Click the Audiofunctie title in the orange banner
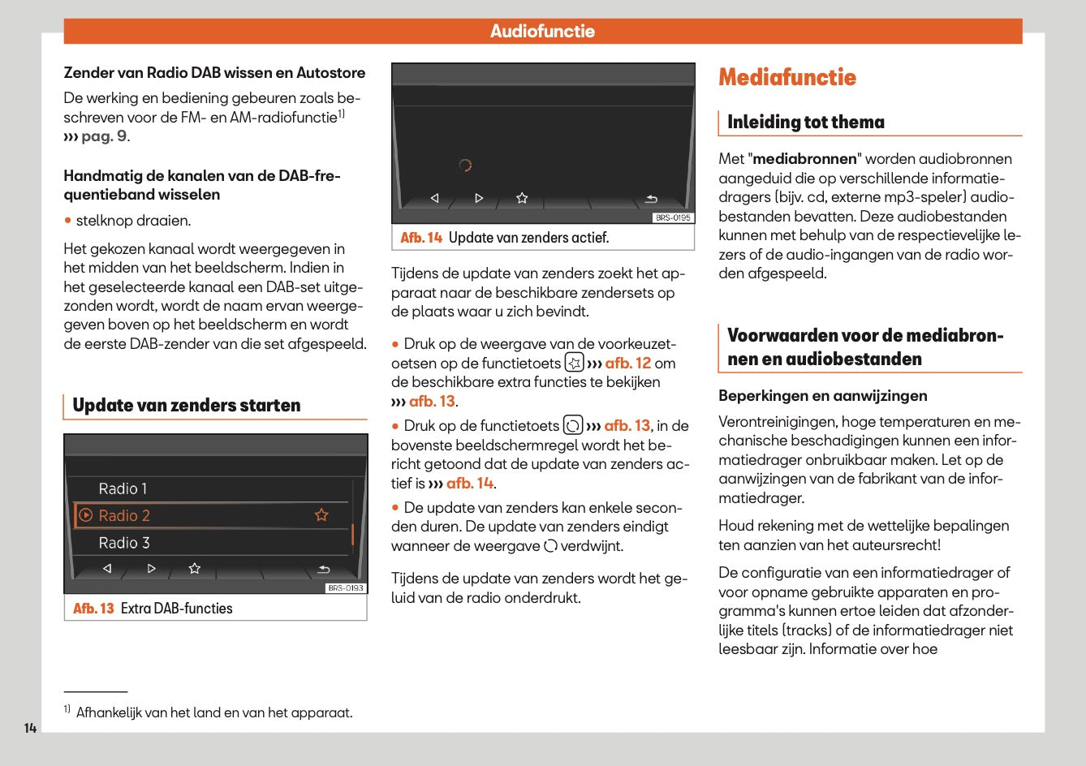point(542,31)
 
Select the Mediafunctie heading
point(786,78)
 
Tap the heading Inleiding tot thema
point(805,123)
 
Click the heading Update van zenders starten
point(186,406)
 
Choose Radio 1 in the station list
point(123,488)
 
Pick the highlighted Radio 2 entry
point(124,515)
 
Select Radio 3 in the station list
point(124,543)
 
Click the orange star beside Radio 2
point(321,515)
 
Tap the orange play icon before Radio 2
point(86,515)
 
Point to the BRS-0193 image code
point(346,588)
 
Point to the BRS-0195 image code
point(674,217)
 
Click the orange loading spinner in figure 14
point(465,166)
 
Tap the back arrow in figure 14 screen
point(651,199)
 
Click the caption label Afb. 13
point(93,609)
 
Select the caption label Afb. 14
point(421,238)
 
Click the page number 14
point(30,728)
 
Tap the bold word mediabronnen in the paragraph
point(804,159)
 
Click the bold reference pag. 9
point(103,136)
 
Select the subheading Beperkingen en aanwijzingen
point(822,396)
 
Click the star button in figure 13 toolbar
point(195,569)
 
